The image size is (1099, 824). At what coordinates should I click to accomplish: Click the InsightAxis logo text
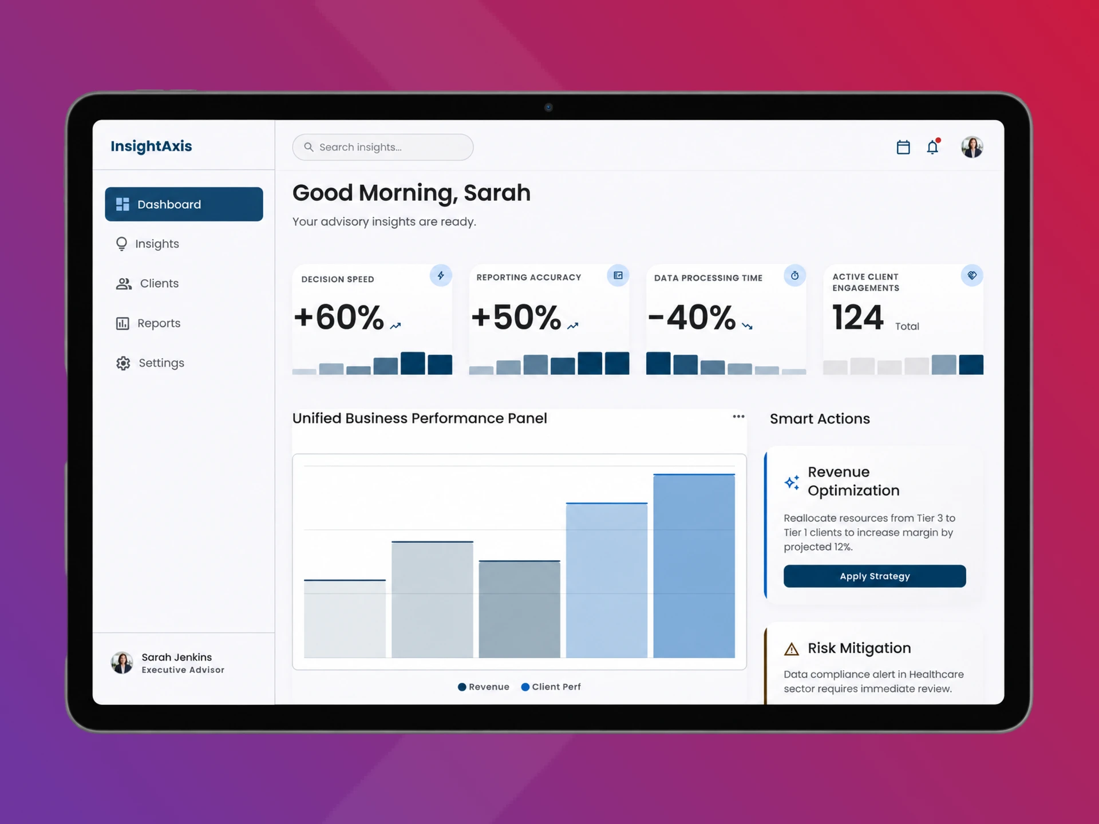(x=151, y=146)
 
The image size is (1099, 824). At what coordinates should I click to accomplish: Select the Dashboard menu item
(x=184, y=204)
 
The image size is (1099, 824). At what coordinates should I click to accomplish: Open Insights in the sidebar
(x=148, y=244)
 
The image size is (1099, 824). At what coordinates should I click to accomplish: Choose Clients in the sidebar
(x=148, y=283)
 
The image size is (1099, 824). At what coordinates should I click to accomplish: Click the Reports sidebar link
(x=148, y=323)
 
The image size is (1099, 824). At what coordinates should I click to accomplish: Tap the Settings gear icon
(x=123, y=363)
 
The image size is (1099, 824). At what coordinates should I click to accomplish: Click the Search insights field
(x=382, y=147)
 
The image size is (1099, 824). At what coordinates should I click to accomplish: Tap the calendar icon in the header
(x=903, y=147)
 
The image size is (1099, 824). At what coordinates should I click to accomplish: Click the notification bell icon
(x=932, y=147)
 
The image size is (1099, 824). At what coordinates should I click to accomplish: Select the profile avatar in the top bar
(x=972, y=147)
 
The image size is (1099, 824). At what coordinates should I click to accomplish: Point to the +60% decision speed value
(x=338, y=317)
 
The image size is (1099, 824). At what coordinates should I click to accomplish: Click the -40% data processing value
(x=691, y=317)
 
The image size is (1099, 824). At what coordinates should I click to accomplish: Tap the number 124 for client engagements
(x=858, y=317)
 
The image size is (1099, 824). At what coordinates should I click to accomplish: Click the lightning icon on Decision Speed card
(x=441, y=276)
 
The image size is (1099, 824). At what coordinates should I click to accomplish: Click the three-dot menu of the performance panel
(x=738, y=417)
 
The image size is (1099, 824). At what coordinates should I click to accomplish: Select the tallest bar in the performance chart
(x=694, y=566)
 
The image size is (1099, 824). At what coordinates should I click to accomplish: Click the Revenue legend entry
(x=484, y=687)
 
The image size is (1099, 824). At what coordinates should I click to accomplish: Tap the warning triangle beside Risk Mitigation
(x=792, y=649)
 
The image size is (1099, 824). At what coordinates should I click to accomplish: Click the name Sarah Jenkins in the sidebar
(x=177, y=657)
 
